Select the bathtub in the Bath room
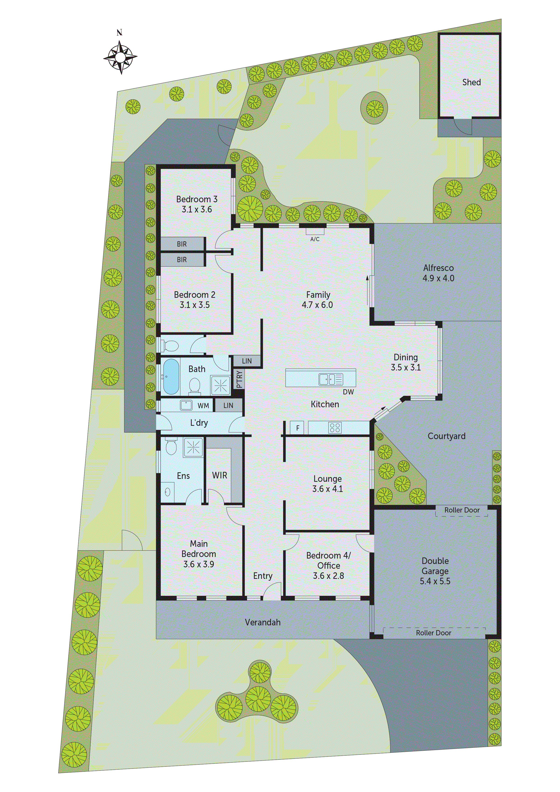171,376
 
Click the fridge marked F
297,428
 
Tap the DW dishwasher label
348,392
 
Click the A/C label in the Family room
315,239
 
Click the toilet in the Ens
171,447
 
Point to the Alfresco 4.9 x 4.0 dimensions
438,278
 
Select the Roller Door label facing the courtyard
462,510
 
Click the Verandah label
263,622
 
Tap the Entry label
263,576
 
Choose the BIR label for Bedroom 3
182,244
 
